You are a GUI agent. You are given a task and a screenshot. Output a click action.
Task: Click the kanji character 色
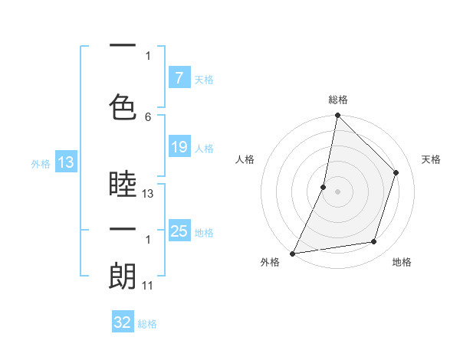(x=123, y=106)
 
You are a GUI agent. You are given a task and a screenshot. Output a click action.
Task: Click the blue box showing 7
(x=179, y=78)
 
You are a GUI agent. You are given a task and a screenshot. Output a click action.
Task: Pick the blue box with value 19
(x=179, y=147)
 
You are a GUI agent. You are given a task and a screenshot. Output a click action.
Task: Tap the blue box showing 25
(x=179, y=231)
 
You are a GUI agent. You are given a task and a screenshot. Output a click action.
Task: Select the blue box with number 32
(x=123, y=322)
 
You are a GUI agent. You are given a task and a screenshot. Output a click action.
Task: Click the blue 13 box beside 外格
(x=65, y=162)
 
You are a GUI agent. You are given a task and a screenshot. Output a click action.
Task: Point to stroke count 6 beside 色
(x=148, y=116)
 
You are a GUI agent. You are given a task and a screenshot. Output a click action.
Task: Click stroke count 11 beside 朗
(x=148, y=286)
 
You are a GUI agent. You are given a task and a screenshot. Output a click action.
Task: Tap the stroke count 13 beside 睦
(x=149, y=194)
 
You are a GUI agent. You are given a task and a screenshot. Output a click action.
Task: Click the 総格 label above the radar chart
(x=337, y=100)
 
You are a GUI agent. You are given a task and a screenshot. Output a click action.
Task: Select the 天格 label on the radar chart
(x=431, y=159)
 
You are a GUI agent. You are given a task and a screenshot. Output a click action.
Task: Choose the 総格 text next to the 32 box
(x=147, y=324)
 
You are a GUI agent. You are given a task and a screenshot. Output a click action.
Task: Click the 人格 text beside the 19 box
(x=204, y=148)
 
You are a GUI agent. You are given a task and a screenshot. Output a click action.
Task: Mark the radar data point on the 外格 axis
(x=292, y=253)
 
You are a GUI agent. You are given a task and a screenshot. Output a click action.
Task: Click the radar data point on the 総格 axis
(x=337, y=115)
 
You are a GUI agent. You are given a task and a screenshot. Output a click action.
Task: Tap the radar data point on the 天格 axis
(x=396, y=172)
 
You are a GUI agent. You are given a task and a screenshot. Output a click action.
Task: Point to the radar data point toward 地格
(x=374, y=242)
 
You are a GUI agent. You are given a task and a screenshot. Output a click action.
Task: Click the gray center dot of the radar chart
(x=337, y=191)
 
